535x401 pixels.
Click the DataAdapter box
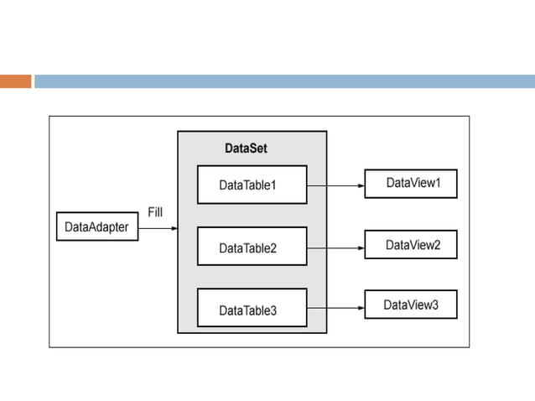[x=97, y=227]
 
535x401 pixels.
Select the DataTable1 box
[x=252, y=185]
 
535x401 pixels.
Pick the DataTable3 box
[x=252, y=309]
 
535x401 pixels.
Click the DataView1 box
[x=410, y=183]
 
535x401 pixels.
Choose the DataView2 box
[x=410, y=245]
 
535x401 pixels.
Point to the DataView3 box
[x=410, y=305]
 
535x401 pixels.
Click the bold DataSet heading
[x=246, y=148]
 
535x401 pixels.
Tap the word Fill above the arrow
[x=155, y=212]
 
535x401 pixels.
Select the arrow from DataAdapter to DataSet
[x=158, y=227]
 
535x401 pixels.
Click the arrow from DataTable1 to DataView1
[x=335, y=184]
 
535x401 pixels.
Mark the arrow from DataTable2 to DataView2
[x=335, y=247]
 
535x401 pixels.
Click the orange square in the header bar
[x=15, y=81]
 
